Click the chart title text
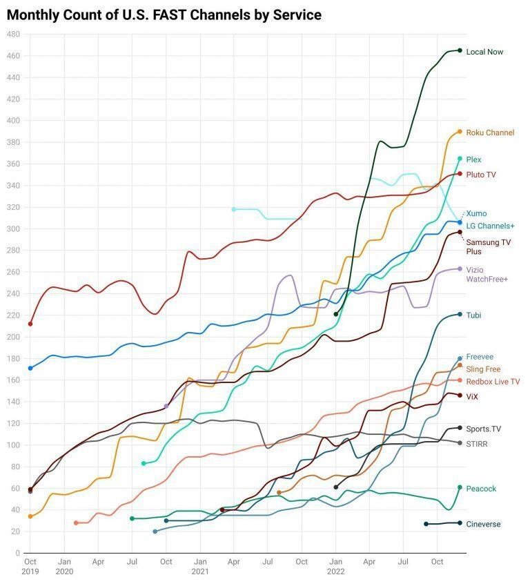click(164, 14)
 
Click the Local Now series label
click(484, 52)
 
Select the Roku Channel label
click(490, 133)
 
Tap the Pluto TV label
click(481, 175)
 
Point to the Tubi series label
click(473, 315)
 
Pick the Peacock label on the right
click(481, 489)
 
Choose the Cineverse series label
click(483, 524)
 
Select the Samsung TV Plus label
click(489, 246)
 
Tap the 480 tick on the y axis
click(13, 35)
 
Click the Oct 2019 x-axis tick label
click(30, 567)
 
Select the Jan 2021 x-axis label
click(199, 567)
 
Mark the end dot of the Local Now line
click(460, 50)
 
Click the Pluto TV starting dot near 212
click(30, 324)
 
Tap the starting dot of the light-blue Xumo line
click(233, 209)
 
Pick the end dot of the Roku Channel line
click(460, 132)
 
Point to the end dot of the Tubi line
click(460, 315)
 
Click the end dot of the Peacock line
click(460, 487)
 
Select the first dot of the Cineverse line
click(426, 524)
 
